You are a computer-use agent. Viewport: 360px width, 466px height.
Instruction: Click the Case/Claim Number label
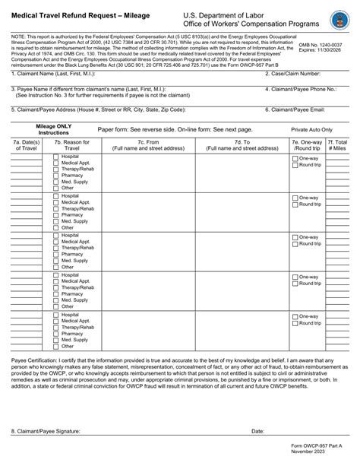(x=296, y=74)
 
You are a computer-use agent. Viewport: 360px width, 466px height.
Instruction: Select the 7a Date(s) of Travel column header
(x=27, y=145)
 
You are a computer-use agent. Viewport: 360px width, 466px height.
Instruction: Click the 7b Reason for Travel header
(x=72, y=145)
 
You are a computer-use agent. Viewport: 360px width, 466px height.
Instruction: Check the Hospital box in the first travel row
(x=55, y=157)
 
